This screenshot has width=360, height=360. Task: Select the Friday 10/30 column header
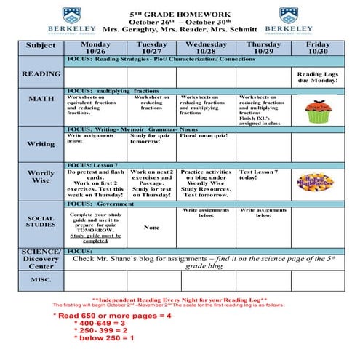point(319,47)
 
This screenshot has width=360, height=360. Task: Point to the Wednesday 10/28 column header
point(206,47)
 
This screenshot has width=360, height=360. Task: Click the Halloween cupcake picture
point(318,112)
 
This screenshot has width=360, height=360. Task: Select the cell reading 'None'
point(151,228)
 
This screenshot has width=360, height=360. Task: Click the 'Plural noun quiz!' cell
point(207,136)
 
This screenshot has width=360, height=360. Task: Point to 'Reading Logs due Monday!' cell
point(318,78)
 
